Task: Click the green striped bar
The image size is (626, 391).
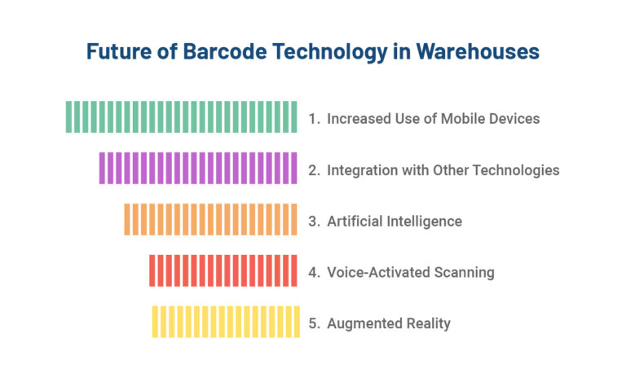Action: tap(181, 116)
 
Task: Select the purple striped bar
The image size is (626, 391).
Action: tap(198, 168)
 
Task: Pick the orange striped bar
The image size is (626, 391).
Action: tap(210, 219)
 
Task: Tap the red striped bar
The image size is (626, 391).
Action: tap(223, 270)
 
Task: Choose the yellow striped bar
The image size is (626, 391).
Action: tap(226, 322)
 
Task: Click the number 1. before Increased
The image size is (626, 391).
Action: tap(315, 119)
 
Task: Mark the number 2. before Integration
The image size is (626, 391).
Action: tap(315, 170)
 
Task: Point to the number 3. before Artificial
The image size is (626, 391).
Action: tap(315, 222)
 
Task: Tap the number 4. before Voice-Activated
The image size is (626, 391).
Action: tap(315, 273)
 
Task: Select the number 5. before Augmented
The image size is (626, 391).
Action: tap(315, 324)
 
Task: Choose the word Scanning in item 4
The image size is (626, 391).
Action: tap(465, 273)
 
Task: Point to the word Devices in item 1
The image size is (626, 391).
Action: tap(514, 119)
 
